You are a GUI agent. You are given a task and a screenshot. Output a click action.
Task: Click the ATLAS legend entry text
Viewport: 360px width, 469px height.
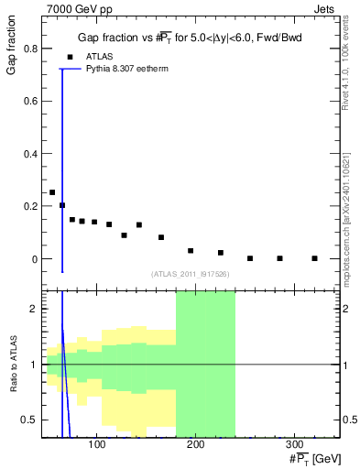pos(100,56)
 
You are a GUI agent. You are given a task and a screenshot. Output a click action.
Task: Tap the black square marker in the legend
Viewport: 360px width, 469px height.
pos(69,56)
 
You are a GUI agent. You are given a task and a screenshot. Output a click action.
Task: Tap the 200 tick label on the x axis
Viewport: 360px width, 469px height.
pos(195,444)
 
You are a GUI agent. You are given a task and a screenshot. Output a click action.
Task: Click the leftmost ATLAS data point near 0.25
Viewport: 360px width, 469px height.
pos(52,192)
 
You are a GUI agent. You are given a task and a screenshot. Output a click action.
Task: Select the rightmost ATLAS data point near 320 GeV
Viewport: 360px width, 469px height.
pos(314,258)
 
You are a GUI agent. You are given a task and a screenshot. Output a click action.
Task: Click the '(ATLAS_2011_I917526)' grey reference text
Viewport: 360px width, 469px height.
pos(190,273)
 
